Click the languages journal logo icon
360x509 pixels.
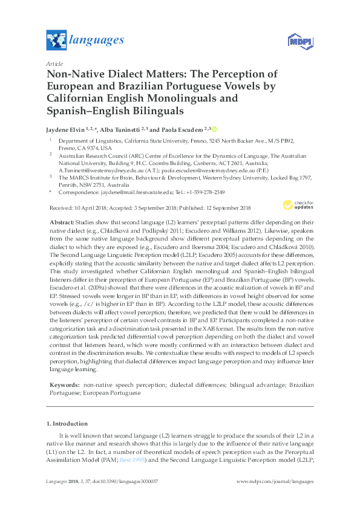coord(56,41)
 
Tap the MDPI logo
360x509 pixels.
coord(297,41)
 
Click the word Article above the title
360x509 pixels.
coord(55,62)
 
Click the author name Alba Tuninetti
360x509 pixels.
coord(123,130)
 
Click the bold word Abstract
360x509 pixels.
coord(62,224)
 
